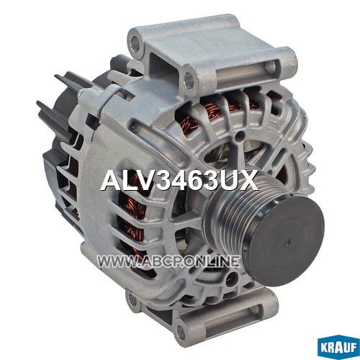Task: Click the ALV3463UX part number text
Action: pyautogui.click(x=179, y=180)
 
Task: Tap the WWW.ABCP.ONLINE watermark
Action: pyautogui.click(x=168, y=261)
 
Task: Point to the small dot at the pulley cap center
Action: pyautogui.click(x=287, y=243)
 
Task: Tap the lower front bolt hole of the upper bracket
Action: pyautogui.click(x=189, y=78)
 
